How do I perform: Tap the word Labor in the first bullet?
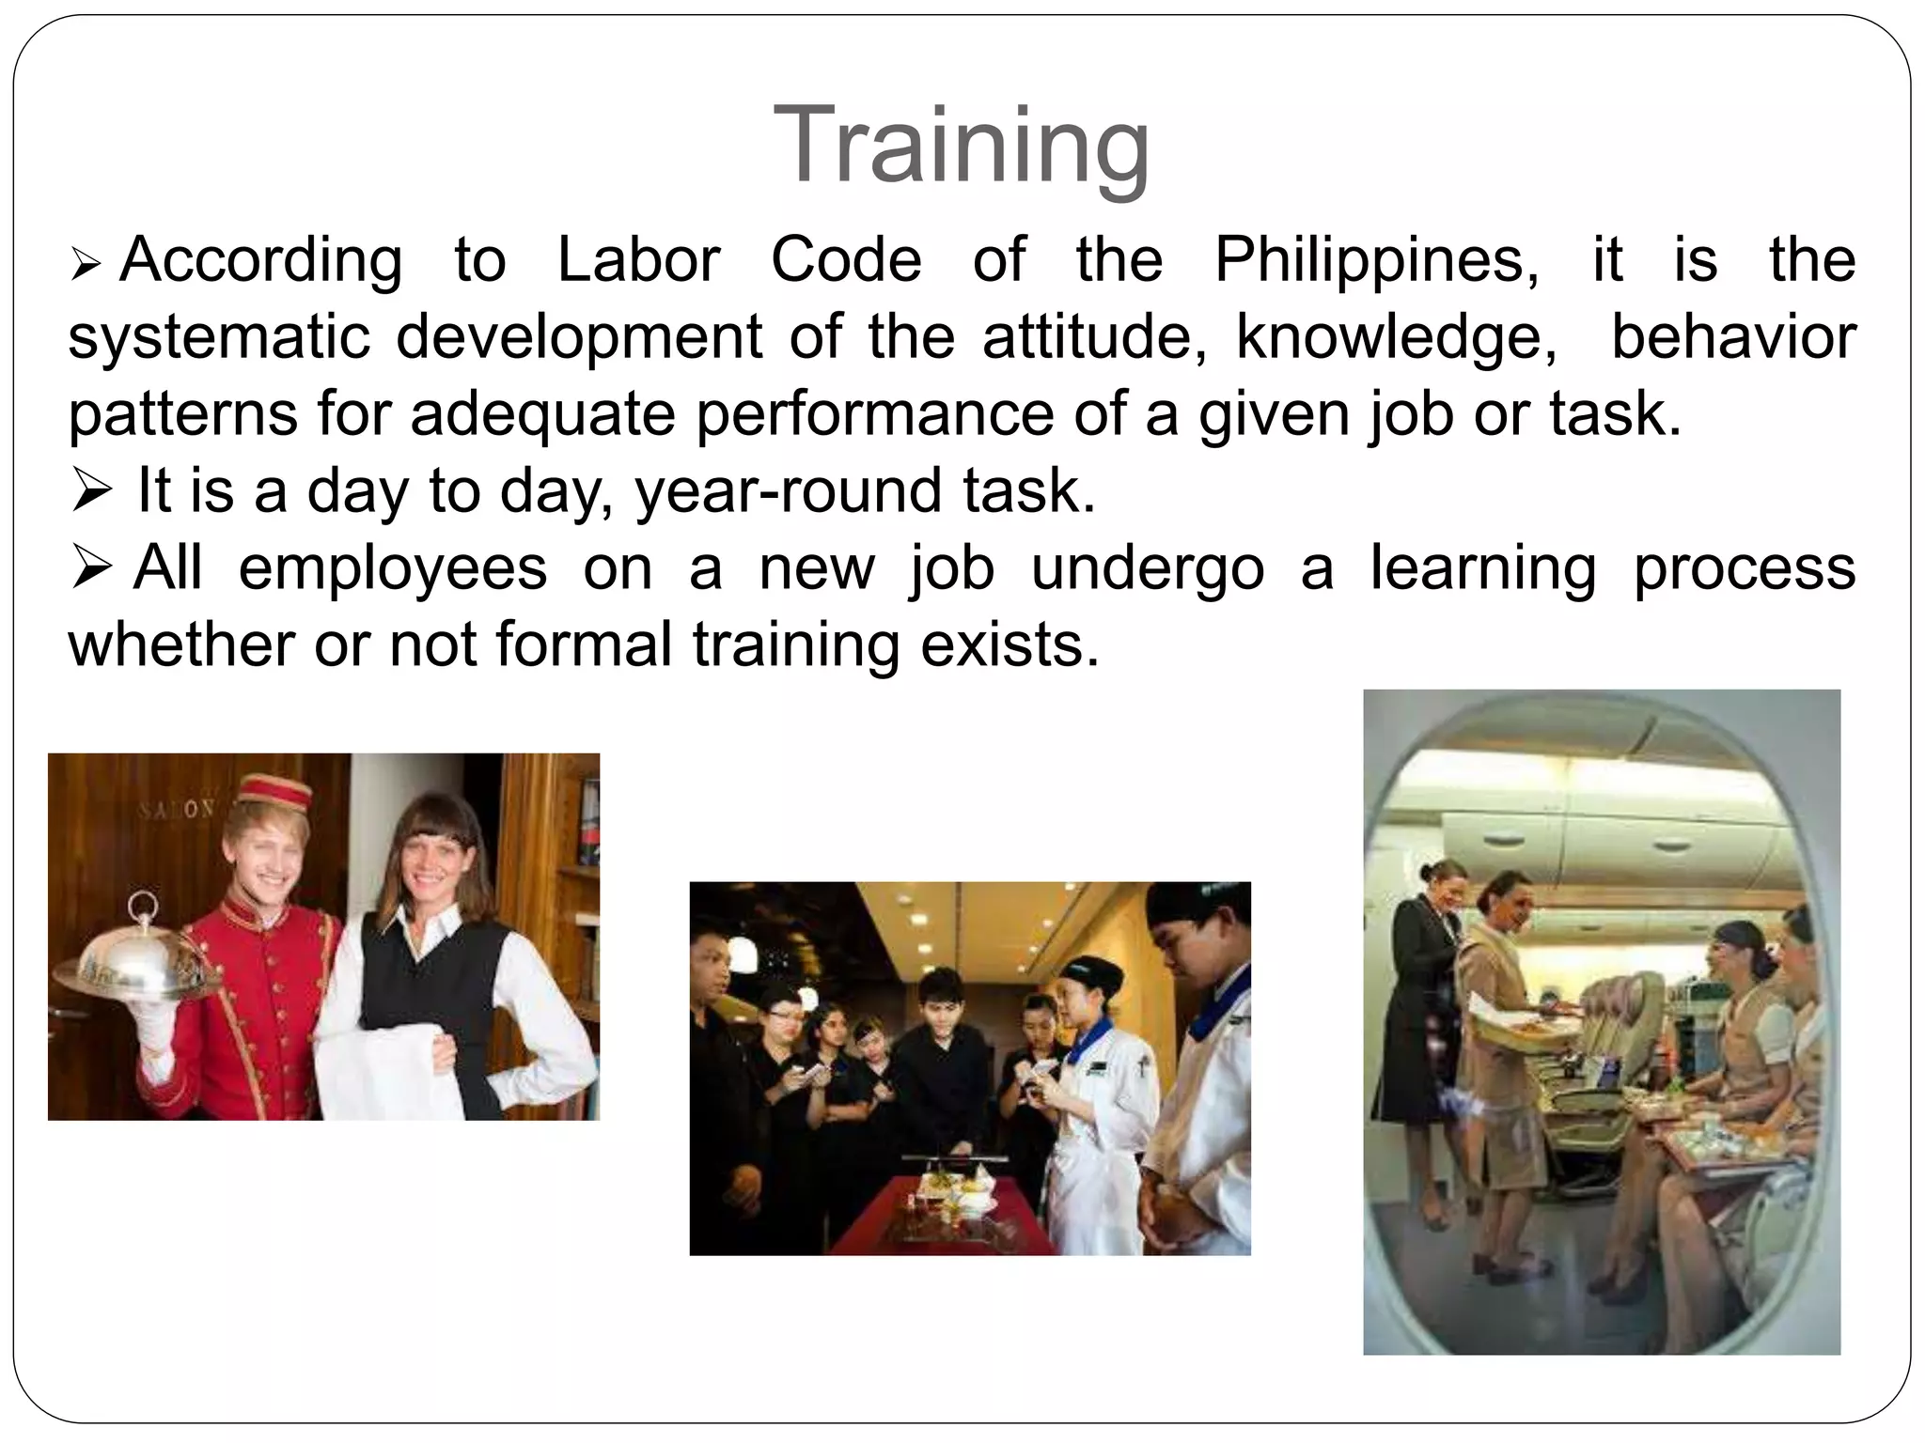(638, 259)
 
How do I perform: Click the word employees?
(393, 567)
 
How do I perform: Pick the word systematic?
(219, 336)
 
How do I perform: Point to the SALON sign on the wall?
(178, 809)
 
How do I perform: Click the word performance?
(875, 413)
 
